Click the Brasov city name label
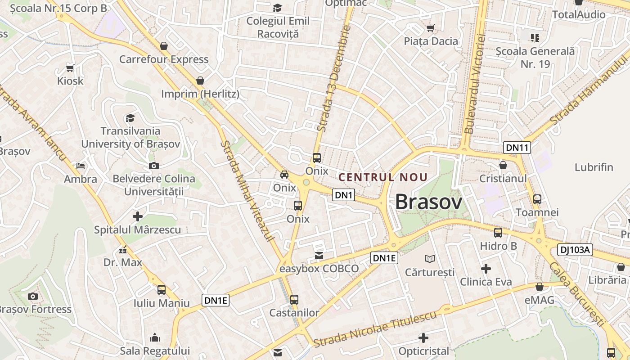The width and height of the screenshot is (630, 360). (428, 202)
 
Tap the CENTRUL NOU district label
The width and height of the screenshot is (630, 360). (382, 177)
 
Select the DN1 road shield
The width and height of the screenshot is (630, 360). (344, 195)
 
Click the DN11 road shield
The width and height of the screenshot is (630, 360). (517, 147)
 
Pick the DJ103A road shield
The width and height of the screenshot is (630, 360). (575, 250)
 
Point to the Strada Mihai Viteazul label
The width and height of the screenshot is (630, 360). (248, 191)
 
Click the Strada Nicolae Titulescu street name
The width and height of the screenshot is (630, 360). (375, 329)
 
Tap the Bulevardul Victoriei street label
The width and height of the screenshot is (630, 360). (476, 85)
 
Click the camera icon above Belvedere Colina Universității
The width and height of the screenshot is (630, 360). (154, 166)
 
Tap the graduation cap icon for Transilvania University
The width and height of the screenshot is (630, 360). (130, 118)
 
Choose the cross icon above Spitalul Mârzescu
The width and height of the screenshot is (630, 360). (138, 216)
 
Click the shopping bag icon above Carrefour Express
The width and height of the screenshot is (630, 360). (164, 46)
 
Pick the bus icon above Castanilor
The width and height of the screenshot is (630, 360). (294, 299)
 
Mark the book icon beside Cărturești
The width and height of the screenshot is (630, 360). (430, 259)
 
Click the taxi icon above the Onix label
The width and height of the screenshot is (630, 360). (284, 175)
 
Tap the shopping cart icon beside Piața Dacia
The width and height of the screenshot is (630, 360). (431, 28)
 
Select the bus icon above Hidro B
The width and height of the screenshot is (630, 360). (498, 233)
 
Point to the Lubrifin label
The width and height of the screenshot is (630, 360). (594, 167)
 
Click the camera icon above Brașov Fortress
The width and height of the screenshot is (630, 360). (32, 296)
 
